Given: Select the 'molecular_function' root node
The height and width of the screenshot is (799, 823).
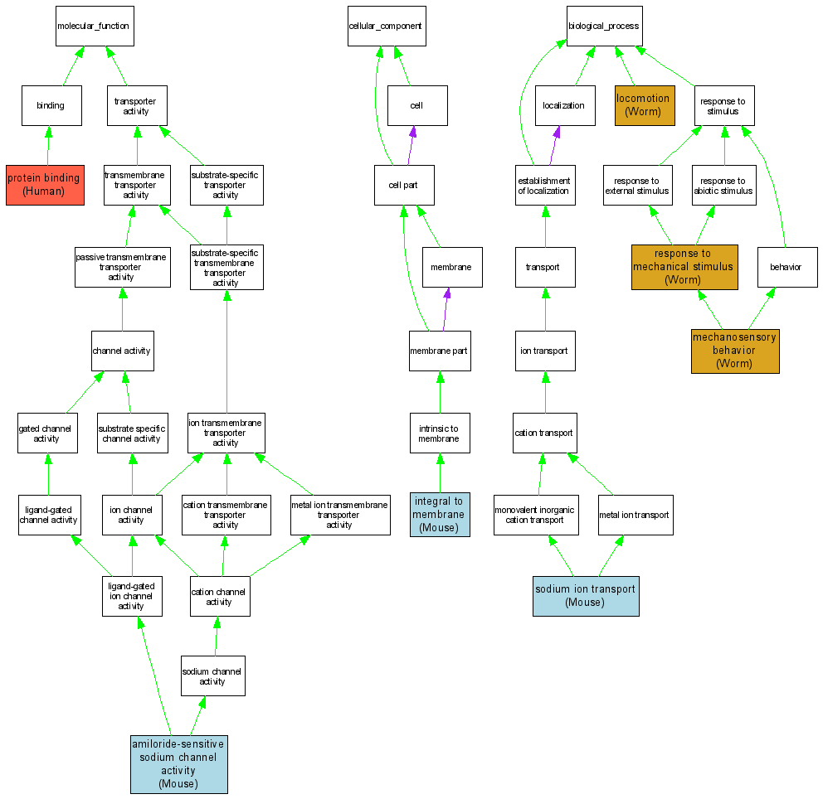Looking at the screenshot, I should coord(93,27).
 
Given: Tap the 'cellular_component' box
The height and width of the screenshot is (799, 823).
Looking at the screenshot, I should coord(385,27).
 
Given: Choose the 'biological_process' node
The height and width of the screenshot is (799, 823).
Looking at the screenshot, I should coord(604,27).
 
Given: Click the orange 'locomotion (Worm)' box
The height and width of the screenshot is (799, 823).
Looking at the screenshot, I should coord(645,105).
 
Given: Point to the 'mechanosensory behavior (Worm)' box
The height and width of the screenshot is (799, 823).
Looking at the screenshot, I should coord(735,351).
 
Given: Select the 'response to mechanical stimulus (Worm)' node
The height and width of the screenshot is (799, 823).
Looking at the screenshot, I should coord(684,267).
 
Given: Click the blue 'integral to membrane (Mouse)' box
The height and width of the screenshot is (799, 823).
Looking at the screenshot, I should coord(440,514).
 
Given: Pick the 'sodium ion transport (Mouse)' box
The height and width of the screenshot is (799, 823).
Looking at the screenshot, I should coord(586,596).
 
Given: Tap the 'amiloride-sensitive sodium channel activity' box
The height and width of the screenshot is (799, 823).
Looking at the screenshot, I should coord(178,764).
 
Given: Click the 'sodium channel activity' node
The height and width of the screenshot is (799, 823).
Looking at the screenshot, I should coord(213,676).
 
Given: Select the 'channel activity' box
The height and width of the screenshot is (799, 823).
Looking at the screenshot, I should coord(122,351).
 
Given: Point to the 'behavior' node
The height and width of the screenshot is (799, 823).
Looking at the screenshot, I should coord(786,267).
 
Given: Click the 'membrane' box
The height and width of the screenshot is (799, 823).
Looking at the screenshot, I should coord(451,267).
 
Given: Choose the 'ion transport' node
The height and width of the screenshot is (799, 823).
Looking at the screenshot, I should coord(544,351).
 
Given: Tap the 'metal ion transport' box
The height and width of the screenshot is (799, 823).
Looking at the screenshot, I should coord(634,516).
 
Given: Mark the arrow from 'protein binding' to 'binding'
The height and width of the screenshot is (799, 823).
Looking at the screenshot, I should coord(48,145).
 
